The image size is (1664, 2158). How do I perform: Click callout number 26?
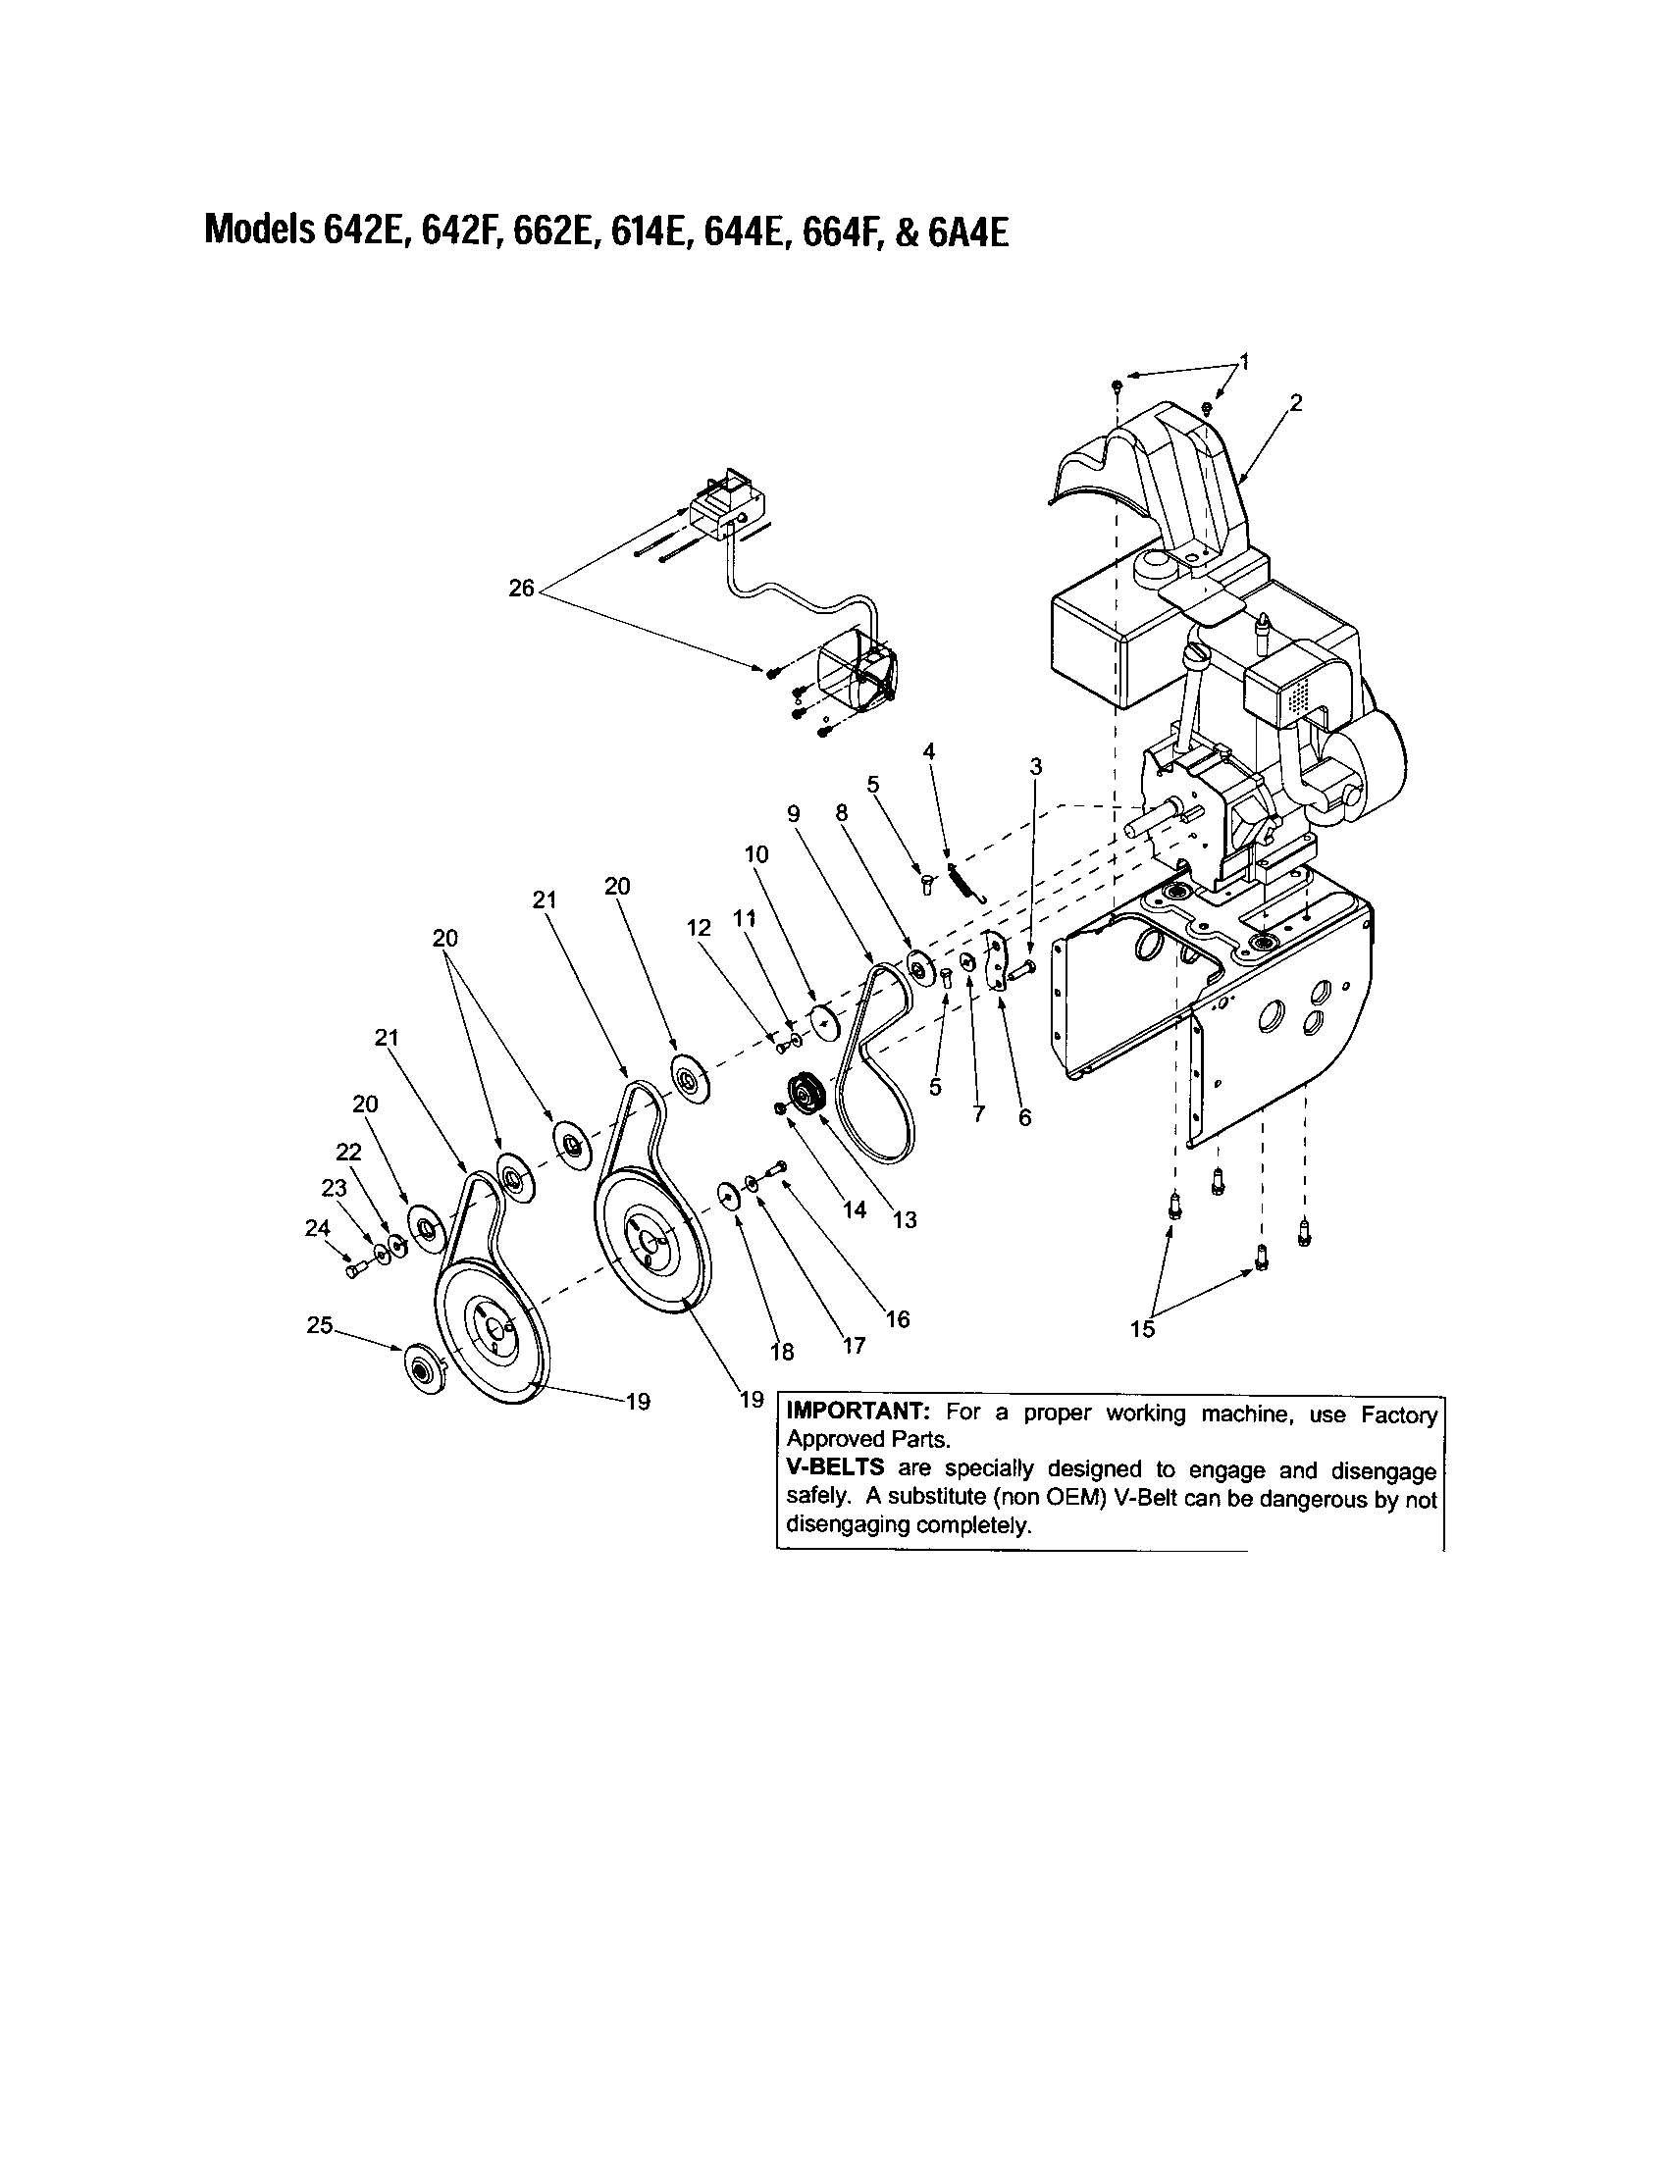coord(521,589)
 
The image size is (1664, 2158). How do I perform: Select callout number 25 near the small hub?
coord(319,1326)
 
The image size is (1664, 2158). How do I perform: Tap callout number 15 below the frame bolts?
coord(1142,1330)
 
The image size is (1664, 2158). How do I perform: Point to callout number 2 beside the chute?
coord(1295,402)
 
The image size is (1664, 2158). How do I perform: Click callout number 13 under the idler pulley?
coord(905,1220)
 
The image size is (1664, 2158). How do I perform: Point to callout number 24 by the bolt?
coord(316,1228)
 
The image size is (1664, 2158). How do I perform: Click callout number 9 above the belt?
coord(793,813)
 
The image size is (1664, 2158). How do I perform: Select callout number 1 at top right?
coord(1244,362)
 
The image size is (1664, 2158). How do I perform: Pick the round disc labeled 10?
coord(823,1022)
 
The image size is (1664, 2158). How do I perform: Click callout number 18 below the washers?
coord(782,1352)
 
